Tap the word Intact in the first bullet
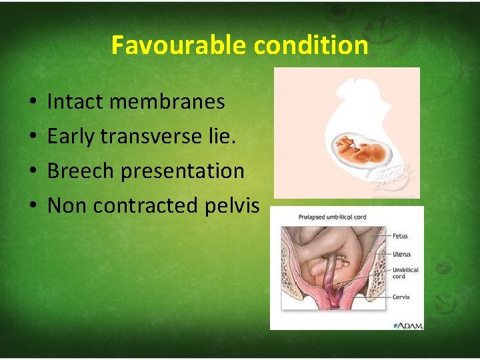point(71,102)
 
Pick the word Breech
point(80,171)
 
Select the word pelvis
point(237,206)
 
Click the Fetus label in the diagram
point(400,236)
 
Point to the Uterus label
point(401,254)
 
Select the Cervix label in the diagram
point(401,297)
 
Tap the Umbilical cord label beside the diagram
point(405,273)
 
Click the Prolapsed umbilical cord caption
point(314,218)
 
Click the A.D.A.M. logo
point(409,325)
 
